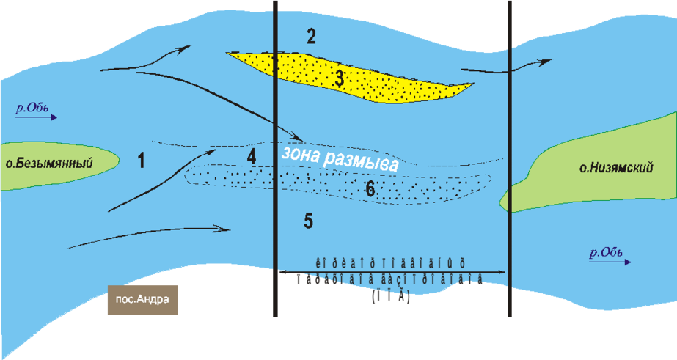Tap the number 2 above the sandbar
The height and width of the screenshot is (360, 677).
pyautogui.click(x=311, y=37)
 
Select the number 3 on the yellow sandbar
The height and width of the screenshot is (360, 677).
pyautogui.click(x=337, y=79)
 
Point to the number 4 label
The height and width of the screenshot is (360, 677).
pyautogui.click(x=252, y=156)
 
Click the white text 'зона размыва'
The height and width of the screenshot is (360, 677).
pyautogui.click(x=340, y=160)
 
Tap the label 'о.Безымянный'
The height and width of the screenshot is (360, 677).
pyautogui.click(x=49, y=164)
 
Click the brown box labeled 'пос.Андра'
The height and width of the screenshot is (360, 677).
pyautogui.click(x=143, y=301)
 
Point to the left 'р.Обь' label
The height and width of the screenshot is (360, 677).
pyautogui.click(x=32, y=109)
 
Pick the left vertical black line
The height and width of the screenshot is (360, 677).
pyautogui.click(x=274, y=220)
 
